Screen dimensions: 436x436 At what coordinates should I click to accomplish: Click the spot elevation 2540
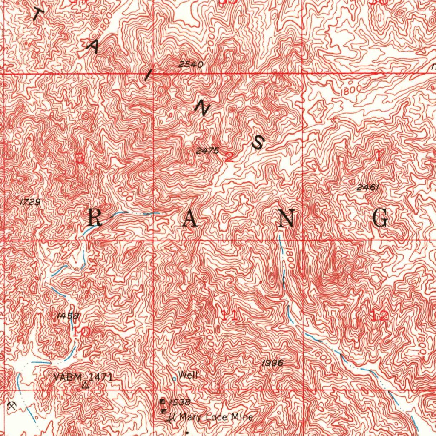point(191,64)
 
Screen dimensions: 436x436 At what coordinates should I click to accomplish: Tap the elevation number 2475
point(207,151)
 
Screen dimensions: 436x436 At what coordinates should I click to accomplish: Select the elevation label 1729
point(30,202)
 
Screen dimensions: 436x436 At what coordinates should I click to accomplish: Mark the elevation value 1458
point(67,316)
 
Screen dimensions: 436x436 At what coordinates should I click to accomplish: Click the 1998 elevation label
point(272,363)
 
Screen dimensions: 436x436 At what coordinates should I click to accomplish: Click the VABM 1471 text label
point(84,377)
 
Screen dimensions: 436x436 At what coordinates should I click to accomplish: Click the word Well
point(188,375)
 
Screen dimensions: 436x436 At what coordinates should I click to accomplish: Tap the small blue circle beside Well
point(174,378)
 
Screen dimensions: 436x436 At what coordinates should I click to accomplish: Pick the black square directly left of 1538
point(162,402)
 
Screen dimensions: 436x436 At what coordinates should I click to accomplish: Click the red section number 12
point(379,316)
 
